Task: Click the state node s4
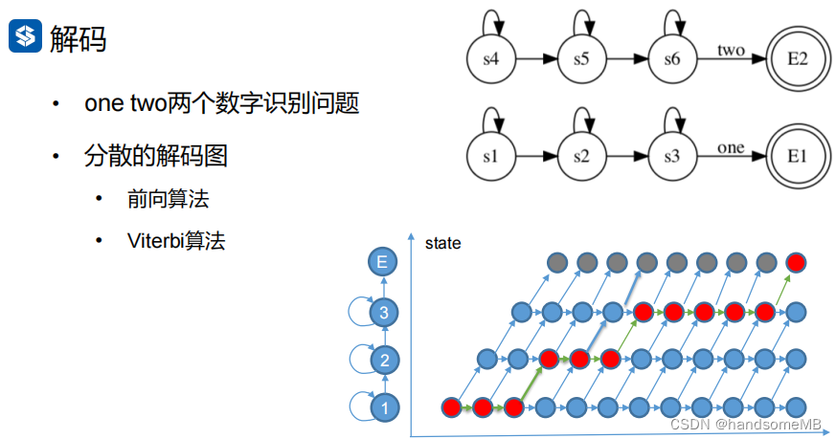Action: point(490,59)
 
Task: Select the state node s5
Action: point(581,59)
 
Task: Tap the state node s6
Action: point(672,59)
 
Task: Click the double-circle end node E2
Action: point(798,59)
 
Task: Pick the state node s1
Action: point(490,156)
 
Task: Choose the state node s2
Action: point(581,156)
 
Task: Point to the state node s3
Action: point(672,156)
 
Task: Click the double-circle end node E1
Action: point(798,156)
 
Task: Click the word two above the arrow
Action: point(731,50)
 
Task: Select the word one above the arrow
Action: point(731,147)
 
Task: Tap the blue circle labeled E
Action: point(383,262)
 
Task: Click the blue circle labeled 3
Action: point(383,312)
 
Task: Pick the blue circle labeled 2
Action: point(383,361)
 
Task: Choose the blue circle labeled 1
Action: point(383,409)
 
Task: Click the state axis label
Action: point(442,243)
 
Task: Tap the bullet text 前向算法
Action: point(168,199)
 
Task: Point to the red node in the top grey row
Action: point(794,262)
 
